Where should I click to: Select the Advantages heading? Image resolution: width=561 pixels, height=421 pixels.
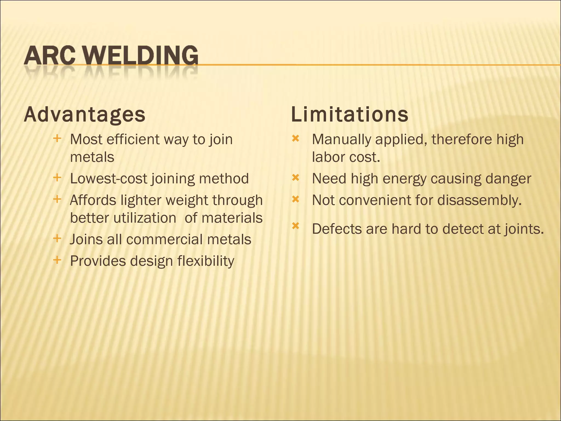pos(85,115)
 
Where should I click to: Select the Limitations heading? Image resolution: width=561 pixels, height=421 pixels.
pos(350,115)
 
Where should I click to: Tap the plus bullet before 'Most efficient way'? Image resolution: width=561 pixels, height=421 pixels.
pos(57,138)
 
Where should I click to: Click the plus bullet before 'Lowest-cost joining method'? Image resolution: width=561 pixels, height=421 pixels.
pos(57,178)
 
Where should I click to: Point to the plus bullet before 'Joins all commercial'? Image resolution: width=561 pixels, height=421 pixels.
pos(57,238)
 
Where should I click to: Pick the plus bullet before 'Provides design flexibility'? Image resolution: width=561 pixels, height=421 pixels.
pos(57,260)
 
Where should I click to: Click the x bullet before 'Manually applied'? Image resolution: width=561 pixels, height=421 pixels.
pos(295,139)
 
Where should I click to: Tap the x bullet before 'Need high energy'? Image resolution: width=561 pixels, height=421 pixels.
pos(295,178)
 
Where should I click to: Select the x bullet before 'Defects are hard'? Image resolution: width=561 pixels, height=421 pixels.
pos(295,226)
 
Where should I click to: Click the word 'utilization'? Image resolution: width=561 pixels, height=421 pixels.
pos(145,218)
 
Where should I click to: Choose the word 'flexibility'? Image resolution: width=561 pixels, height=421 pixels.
pos(205,261)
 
